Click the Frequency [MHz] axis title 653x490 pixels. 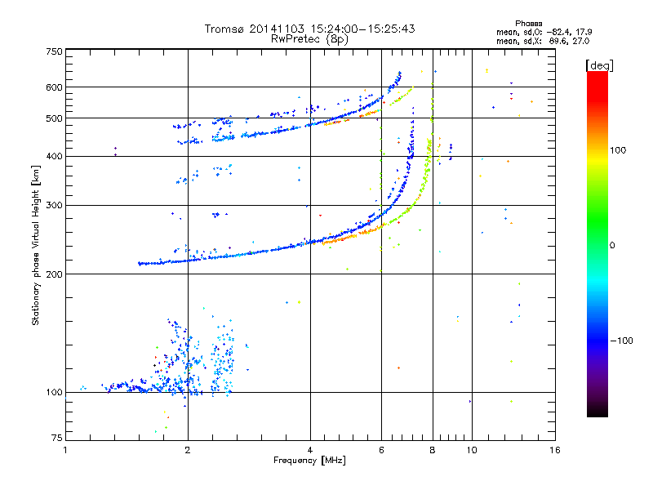309,461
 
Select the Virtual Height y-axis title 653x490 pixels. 36,245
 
